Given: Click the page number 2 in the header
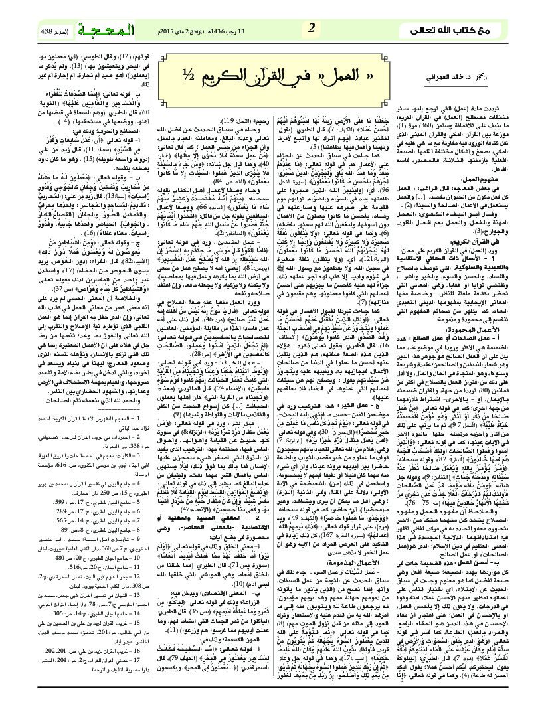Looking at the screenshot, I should (310, 29).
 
